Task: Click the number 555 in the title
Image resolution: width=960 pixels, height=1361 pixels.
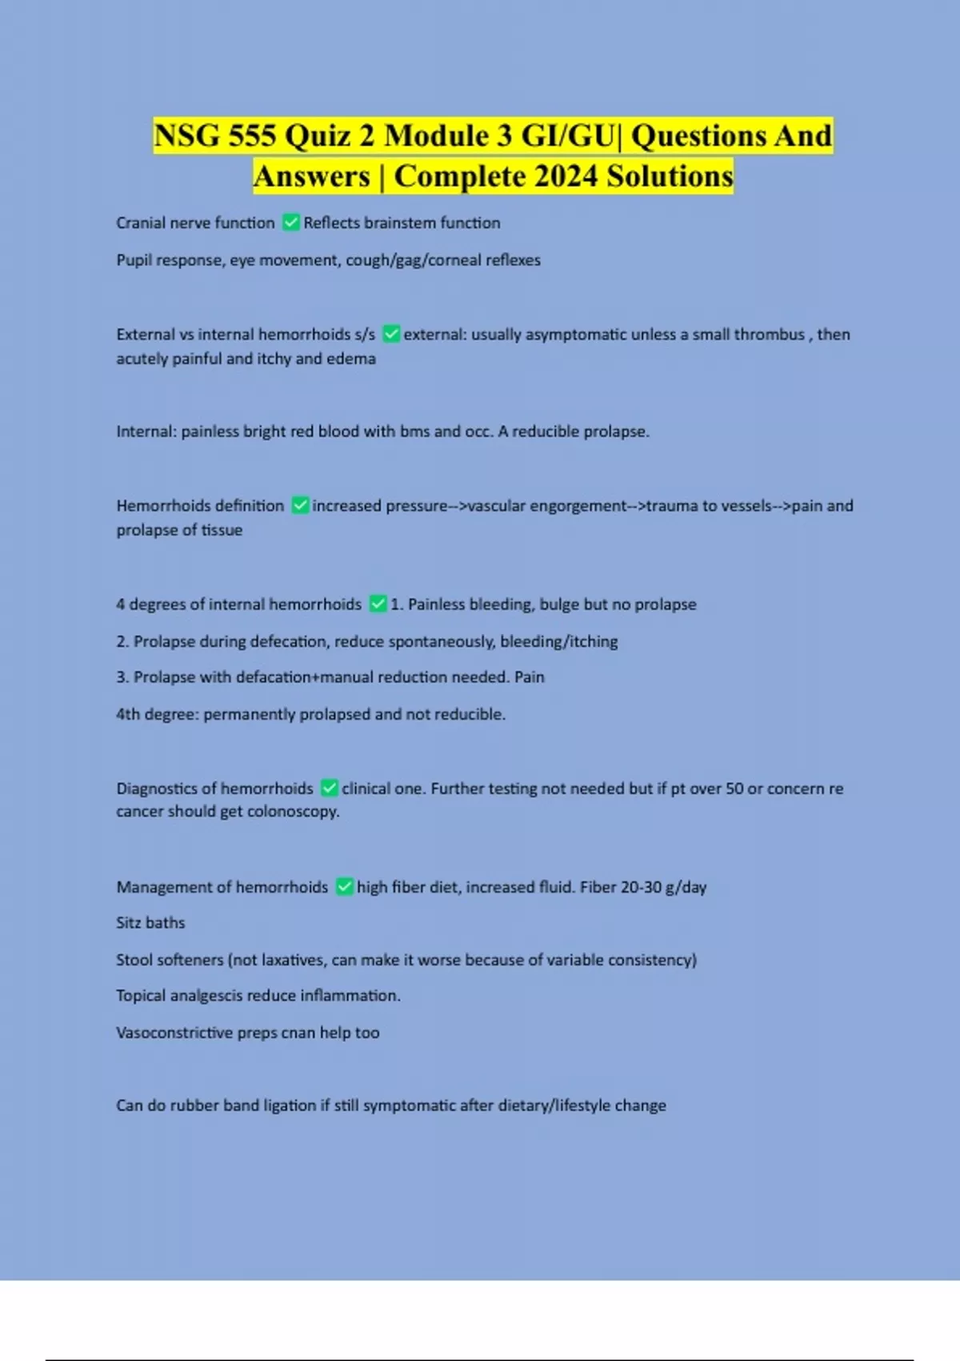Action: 253,135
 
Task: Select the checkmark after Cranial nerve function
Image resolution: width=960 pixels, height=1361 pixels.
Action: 291,223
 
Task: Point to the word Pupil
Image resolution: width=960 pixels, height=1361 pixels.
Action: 134,260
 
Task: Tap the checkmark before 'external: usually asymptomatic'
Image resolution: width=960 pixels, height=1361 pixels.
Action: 391,334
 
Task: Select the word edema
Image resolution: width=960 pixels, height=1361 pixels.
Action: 351,359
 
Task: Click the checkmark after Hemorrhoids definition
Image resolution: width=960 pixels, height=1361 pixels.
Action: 300,505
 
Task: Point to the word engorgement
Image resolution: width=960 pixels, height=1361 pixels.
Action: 578,505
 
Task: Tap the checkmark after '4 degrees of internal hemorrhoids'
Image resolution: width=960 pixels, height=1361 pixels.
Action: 378,604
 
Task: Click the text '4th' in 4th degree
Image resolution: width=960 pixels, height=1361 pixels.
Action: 128,714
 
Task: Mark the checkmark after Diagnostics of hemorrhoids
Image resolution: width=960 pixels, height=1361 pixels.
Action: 329,789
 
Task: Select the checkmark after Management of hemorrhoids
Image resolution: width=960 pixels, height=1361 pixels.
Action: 344,887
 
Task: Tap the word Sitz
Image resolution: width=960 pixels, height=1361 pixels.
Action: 128,923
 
